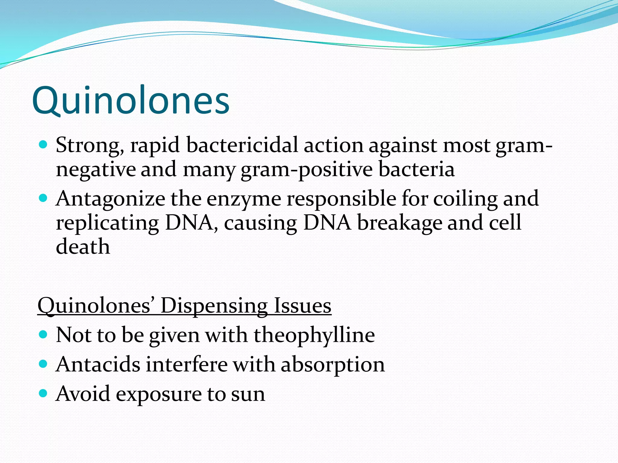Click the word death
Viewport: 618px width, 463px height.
click(x=83, y=247)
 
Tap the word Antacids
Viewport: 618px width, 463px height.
click(x=98, y=364)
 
